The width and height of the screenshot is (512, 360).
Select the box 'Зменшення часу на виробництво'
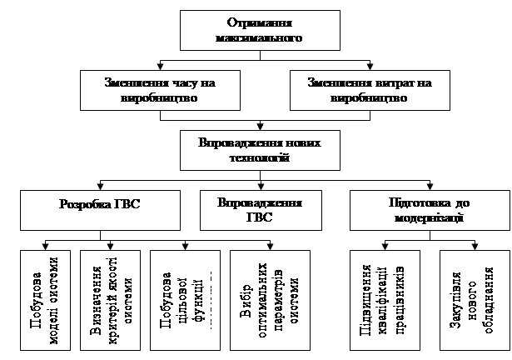[158, 89]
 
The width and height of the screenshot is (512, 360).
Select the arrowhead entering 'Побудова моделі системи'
[44, 245]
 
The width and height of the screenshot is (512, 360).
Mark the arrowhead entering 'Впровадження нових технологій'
[261, 125]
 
